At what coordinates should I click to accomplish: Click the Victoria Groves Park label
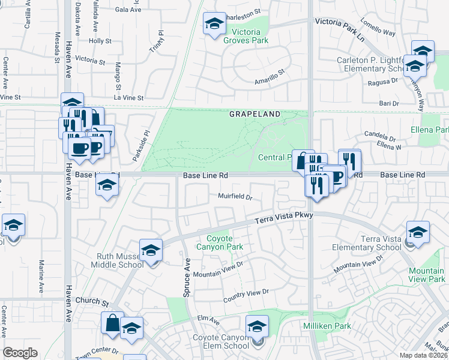(245, 36)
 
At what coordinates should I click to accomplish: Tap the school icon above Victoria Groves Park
(213, 24)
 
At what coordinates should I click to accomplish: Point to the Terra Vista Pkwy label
(280, 220)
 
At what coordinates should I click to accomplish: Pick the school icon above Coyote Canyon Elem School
(257, 326)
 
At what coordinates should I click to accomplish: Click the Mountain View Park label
(427, 275)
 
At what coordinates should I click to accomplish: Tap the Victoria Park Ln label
(340, 22)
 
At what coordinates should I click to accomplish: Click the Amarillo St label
(269, 80)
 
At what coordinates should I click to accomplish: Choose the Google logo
(20, 353)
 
